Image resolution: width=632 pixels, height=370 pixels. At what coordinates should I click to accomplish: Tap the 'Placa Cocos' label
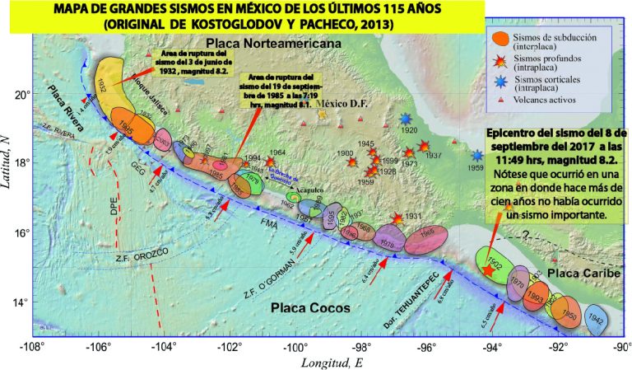click(309, 307)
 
